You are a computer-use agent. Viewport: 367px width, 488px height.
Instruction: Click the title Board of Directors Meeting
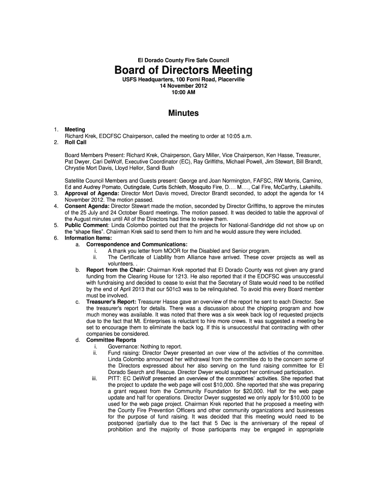pos(183,71)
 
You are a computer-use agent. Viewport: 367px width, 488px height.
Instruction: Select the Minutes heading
pos(183,113)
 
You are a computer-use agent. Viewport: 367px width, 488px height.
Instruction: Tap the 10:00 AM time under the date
pos(183,92)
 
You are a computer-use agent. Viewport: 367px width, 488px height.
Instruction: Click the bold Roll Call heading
pos(76,142)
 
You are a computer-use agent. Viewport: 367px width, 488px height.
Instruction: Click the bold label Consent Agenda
pos(87,206)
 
